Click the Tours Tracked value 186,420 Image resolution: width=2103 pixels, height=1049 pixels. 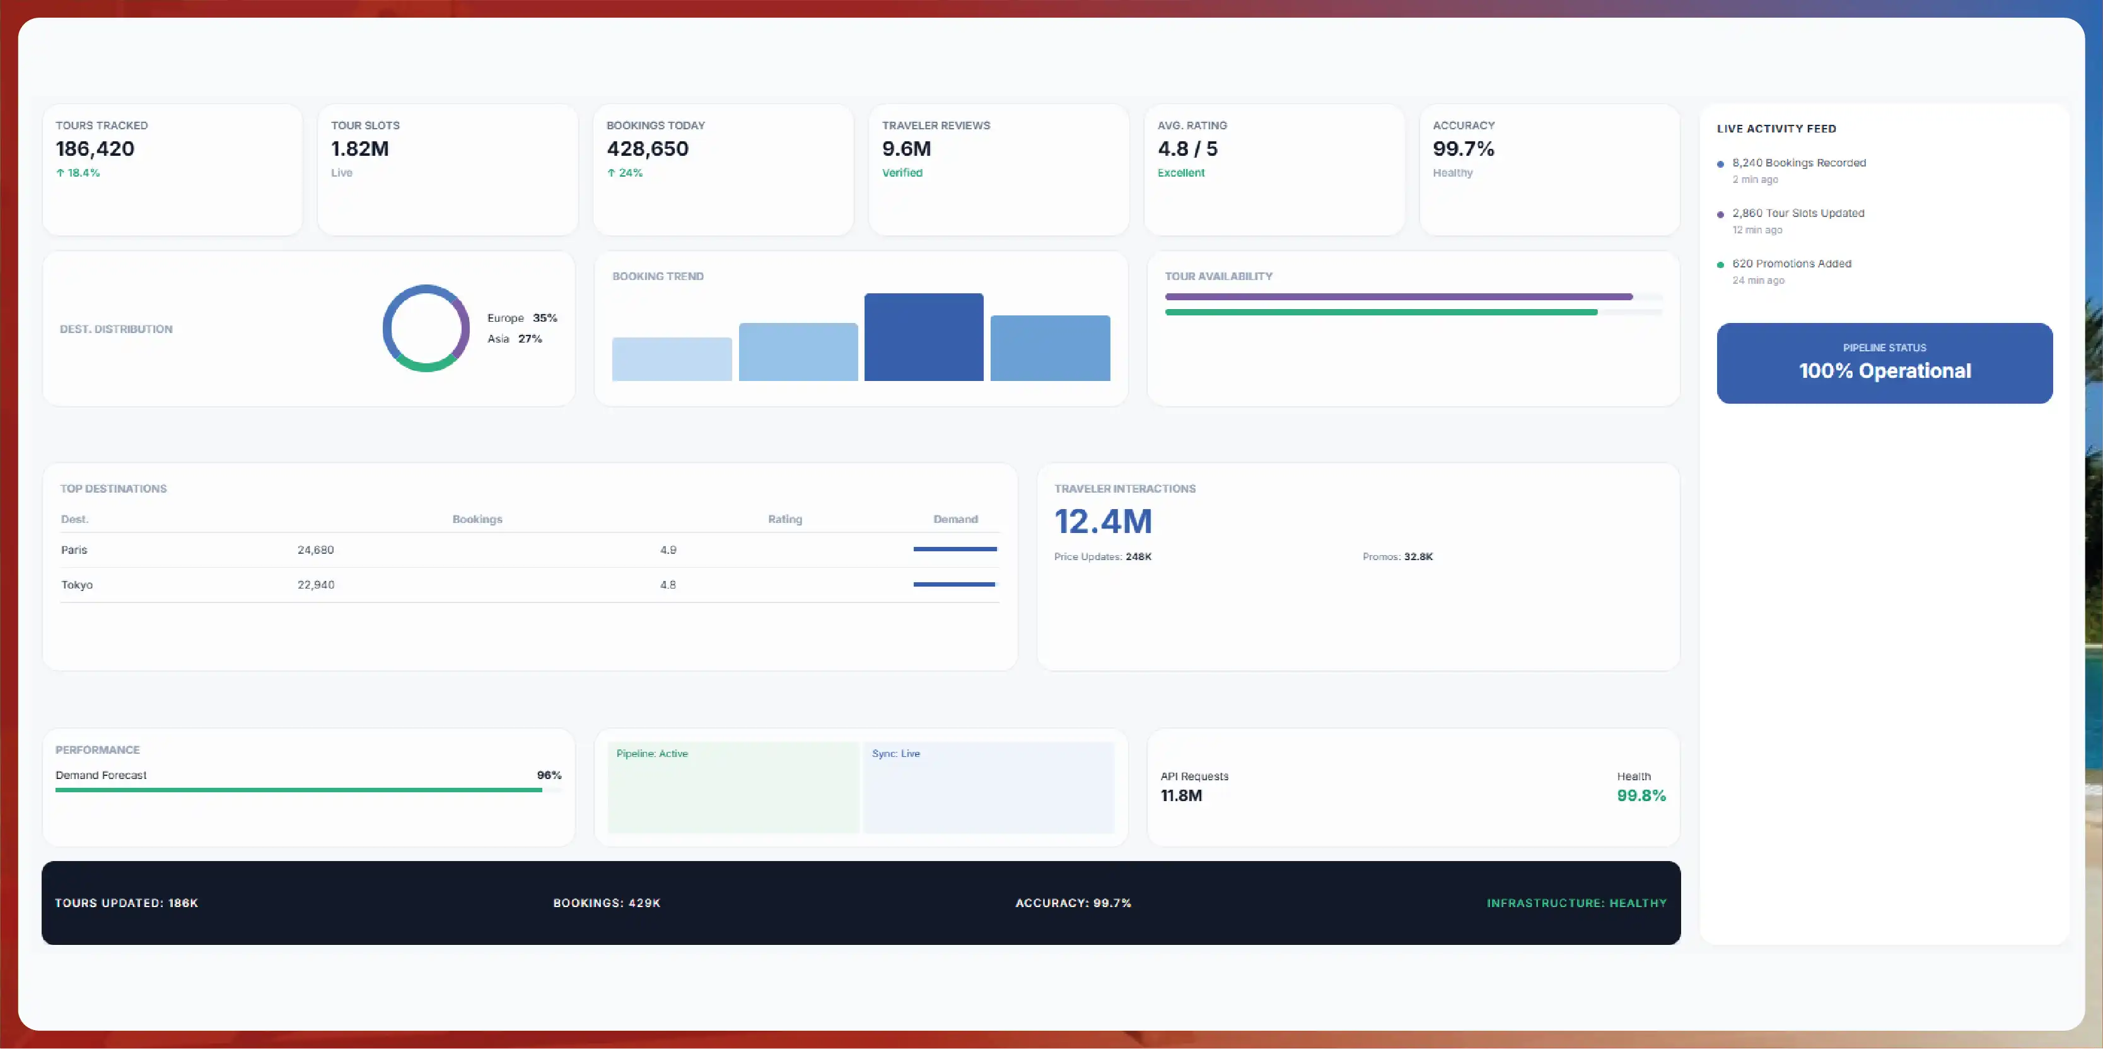pyautogui.click(x=95, y=149)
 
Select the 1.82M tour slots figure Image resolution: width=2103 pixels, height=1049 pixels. pyautogui.click(x=360, y=149)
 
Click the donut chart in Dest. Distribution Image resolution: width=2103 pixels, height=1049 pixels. pyautogui.click(x=426, y=286)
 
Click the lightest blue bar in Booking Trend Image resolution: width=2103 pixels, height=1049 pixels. pyautogui.click(x=672, y=359)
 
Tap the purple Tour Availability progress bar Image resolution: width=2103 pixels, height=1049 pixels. pyautogui.click(x=1399, y=296)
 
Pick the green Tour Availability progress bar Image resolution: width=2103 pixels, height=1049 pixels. pyautogui.click(x=1382, y=312)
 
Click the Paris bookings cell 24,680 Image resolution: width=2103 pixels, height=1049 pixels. pyautogui.click(x=315, y=550)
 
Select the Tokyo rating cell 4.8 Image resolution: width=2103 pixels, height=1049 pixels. pyautogui.click(x=668, y=585)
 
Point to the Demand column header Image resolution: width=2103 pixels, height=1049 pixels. pyautogui.click(x=955, y=519)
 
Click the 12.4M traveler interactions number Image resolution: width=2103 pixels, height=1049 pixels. pyautogui.click(x=1103, y=522)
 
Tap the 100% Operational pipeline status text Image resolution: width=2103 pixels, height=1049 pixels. pyautogui.click(x=1884, y=371)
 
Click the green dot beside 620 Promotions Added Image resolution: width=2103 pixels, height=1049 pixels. pyautogui.click(x=1720, y=264)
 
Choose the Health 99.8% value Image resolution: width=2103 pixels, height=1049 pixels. pyautogui.click(x=1641, y=795)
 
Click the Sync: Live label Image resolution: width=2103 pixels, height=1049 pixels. pyautogui.click(x=895, y=754)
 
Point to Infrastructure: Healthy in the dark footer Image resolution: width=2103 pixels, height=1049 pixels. pyautogui.click(x=1576, y=903)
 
